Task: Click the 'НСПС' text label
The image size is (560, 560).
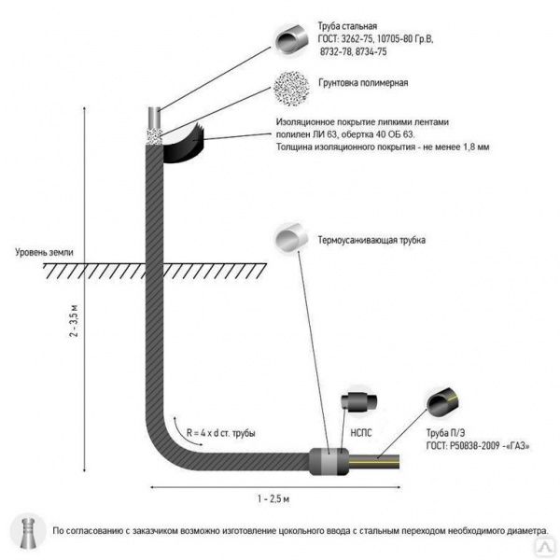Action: tap(360, 432)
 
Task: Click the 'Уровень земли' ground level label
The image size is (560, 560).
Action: tap(44, 252)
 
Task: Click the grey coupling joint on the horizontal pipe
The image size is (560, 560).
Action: tap(328, 460)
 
